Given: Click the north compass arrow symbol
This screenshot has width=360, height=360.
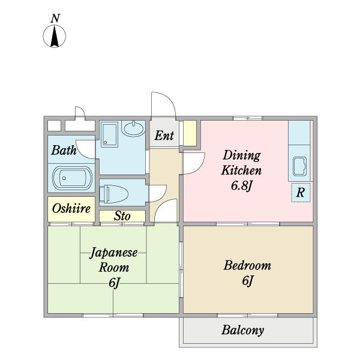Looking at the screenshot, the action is click(55, 36).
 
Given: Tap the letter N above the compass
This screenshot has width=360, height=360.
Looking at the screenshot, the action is click(55, 19).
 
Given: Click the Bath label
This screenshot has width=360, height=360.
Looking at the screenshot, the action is click(64, 150).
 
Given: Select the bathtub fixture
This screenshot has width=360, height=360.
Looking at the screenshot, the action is click(73, 178).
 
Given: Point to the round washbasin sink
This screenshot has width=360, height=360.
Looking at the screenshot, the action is click(133, 128).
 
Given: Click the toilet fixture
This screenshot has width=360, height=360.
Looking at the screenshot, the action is click(113, 194).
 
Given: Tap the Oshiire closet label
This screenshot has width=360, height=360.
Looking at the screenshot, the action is click(71, 209).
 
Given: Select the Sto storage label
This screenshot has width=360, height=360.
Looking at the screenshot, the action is click(122, 216).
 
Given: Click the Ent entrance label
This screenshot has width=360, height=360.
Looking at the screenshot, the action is click(164, 136).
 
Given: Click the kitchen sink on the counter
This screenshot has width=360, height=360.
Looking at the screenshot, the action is click(299, 166).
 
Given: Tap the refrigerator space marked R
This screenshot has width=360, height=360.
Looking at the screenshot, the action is click(301, 193).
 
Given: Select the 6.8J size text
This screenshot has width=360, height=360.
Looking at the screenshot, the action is click(242, 185).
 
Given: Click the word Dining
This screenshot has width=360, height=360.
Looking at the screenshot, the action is click(242, 155).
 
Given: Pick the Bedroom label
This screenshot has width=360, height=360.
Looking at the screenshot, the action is click(247, 265).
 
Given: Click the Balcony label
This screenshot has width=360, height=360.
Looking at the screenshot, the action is click(242, 330).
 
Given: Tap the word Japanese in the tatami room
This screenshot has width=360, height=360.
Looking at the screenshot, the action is click(113, 253).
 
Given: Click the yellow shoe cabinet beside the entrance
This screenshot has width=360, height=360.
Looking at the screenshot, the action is click(190, 133).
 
